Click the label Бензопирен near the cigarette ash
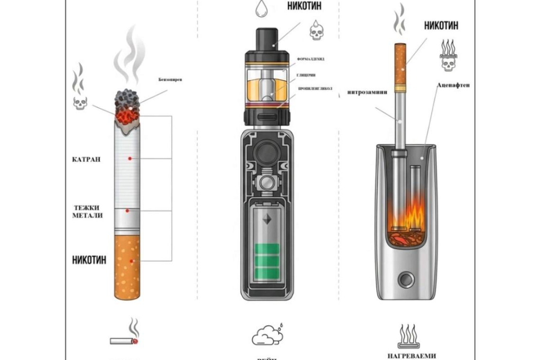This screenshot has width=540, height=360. pyautogui.click(x=170, y=80)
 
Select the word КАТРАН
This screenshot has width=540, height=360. pyautogui.click(x=86, y=159)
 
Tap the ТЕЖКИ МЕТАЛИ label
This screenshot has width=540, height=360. pyautogui.click(x=89, y=211)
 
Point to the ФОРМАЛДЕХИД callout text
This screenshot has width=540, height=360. pyautogui.click(x=311, y=59)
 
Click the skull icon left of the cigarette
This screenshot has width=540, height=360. pyautogui.click(x=80, y=103)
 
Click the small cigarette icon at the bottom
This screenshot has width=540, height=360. pyautogui.click(x=125, y=341)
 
